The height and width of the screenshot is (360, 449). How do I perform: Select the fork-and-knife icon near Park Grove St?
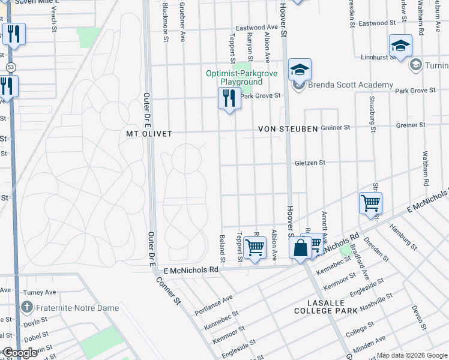pos(229,98)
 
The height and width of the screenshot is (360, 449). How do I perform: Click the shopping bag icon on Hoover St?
pos(300,247)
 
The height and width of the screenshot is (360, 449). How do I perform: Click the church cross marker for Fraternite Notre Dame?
pos(26,307)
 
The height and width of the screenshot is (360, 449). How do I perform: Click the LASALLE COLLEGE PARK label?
pos(326,306)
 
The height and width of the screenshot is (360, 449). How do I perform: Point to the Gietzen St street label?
pos(310,163)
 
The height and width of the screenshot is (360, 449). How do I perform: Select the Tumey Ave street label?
pos(39,292)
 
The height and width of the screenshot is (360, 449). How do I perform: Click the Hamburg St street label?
pos(402,235)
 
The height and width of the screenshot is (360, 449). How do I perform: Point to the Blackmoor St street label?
pos(165,22)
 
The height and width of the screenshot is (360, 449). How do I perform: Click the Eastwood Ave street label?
pos(257,28)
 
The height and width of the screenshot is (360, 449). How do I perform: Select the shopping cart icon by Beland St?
pos(255,247)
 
